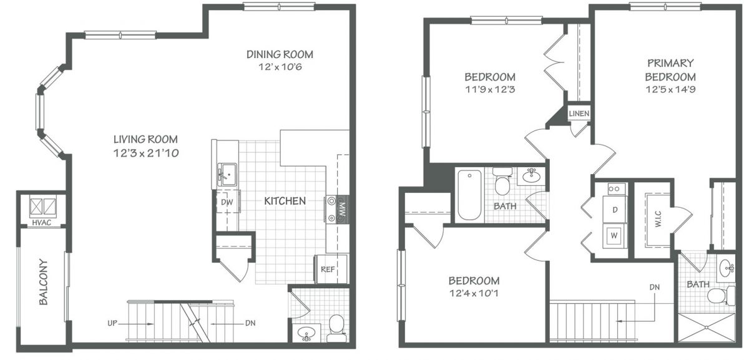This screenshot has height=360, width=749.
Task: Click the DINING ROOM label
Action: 280,54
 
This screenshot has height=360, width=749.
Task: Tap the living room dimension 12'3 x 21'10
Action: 146,153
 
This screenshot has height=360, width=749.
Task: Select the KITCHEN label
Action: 285,201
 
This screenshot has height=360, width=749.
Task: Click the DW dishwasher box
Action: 227,202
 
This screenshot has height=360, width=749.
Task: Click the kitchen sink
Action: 227,175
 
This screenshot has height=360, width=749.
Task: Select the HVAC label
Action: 41,222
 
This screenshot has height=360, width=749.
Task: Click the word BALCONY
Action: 44,282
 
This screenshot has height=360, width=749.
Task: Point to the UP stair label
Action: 112,323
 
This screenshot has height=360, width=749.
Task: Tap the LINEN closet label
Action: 579,114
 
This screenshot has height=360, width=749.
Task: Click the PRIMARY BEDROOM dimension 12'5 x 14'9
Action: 671,89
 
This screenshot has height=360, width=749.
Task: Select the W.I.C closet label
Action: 658,219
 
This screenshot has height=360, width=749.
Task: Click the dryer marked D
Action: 615,210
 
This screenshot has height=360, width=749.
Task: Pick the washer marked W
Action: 614,236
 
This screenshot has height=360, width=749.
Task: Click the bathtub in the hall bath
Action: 469,195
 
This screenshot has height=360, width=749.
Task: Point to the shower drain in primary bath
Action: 706,327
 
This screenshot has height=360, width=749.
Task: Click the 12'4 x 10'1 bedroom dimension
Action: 474,293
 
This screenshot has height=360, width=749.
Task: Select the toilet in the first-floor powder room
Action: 336,328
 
